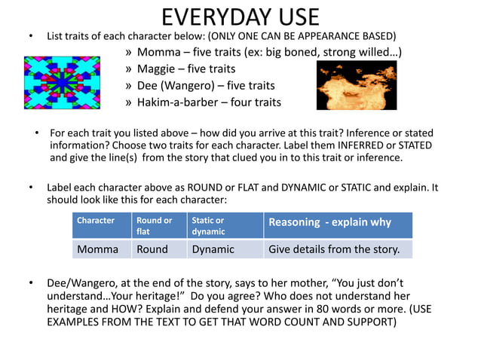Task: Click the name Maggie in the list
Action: click(x=158, y=69)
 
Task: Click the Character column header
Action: click(x=96, y=221)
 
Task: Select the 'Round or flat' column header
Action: click(x=153, y=226)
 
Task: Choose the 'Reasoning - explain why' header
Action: click(x=329, y=222)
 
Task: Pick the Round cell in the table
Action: click(x=152, y=249)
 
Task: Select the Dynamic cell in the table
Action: click(x=213, y=249)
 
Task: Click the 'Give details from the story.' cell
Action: click(x=339, y=249)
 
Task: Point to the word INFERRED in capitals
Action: click(x=353, y=145)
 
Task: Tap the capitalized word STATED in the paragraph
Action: click(x=412, y=145)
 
